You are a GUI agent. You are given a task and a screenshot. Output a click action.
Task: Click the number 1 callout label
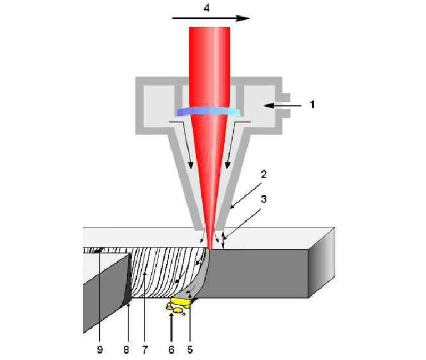click(x=312, y=105)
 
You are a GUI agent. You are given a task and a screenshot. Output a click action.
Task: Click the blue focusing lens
click(x=208, y=111)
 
